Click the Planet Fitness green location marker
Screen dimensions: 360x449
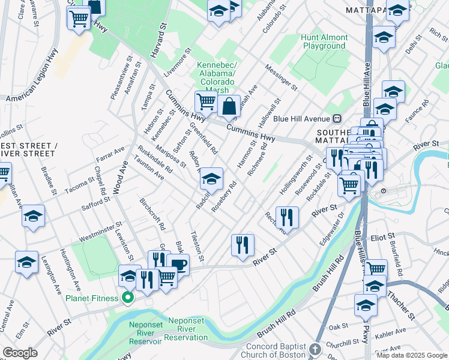coord(127,298)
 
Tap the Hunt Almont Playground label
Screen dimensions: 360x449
coord(324,41)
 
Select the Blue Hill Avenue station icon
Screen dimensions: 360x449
coord(337,119)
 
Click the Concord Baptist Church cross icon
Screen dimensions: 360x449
coord(316,349)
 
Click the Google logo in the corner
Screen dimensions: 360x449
coord(19,353)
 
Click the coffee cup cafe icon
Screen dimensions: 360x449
coord(178,264)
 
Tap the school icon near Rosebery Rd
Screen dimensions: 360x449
coord(211,178)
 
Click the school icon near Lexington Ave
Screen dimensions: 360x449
coord(27,262)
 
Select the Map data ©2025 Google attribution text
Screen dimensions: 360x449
coord(411,355)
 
